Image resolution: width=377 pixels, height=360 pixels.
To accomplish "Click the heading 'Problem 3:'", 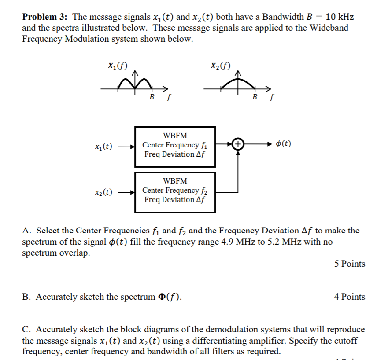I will click(45, 18).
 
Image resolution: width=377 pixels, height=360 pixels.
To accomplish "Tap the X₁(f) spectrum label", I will click(118, 67).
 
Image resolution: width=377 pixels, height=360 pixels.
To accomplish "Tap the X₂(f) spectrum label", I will click(221, 66).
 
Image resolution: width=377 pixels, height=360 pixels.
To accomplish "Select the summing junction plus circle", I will click(238, 144).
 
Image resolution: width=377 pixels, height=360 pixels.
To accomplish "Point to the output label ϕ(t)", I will click(283, 144).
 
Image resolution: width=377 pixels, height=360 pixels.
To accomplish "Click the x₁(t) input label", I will click(104, 146).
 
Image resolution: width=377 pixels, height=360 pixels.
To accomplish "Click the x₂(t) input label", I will click(104, 192).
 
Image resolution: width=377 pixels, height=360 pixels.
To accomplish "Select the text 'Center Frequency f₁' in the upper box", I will click(175, 145).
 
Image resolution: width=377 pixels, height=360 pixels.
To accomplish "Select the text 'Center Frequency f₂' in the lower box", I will click(175, 190).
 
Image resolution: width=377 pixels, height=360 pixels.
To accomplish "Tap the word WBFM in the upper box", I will click(175, 135).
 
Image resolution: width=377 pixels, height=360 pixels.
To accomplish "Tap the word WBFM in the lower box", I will click(175, 181).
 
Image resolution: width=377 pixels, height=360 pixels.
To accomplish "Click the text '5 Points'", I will click(350, 264).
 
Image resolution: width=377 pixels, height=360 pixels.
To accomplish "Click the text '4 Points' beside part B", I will click(350, 297).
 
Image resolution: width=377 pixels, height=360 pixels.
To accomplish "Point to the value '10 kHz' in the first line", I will click(339, 18).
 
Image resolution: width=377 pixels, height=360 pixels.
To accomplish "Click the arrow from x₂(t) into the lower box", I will click(127, 192).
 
